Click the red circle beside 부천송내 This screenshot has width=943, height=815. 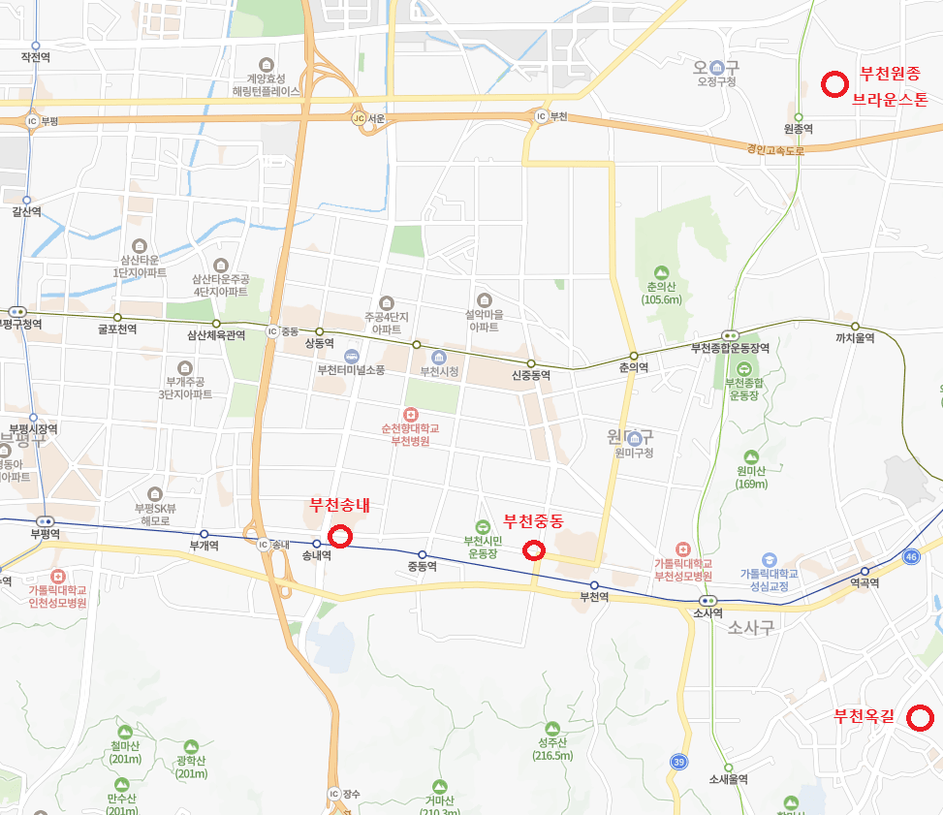339,536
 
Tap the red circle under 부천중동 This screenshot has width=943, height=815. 534,550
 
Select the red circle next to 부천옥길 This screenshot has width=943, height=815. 920,718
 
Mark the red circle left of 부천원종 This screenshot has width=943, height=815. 833,85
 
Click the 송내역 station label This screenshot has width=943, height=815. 317,556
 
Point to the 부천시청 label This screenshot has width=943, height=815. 438,371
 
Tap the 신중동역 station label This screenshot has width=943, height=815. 531,375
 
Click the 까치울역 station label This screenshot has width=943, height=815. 855,338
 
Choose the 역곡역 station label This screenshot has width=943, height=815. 864,583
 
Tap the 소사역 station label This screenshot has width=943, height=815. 708,612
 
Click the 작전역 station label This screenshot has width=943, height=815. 35,57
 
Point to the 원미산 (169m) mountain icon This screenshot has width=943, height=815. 751,457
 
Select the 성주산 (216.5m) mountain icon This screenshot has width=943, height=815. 552,728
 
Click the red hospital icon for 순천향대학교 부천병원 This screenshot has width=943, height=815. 410,414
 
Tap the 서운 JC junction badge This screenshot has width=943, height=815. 359,118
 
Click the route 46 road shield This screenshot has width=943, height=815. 910,556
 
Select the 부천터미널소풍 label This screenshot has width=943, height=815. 351,370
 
